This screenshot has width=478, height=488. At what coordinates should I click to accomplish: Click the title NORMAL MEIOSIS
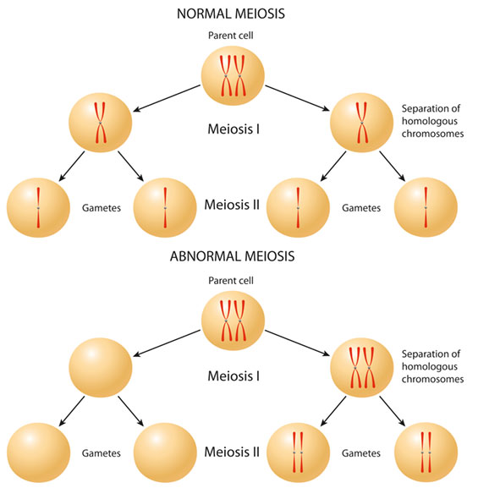(231, 14)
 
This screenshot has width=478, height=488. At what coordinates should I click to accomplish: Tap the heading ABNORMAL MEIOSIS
(233, 256)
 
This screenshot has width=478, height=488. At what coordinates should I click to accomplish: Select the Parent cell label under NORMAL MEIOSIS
(231, 36)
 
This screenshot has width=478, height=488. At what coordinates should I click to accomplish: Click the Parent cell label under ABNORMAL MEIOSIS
(231, 281)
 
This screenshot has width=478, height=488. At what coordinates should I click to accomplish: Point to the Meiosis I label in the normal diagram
(234, 129)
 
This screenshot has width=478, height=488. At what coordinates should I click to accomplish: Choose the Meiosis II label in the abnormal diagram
(232, 452)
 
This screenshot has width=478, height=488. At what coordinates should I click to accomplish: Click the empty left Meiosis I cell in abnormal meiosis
(101, 368)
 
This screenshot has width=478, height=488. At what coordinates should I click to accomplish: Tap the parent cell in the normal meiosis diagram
(233, 75)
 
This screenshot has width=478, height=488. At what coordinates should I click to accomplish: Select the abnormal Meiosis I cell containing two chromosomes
(361, 368)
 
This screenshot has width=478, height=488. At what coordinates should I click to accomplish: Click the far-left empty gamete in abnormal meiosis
(38, 452)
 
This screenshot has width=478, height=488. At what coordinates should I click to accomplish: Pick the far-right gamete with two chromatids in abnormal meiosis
(426, 452)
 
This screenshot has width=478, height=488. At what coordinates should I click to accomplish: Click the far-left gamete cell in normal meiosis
(38, 207)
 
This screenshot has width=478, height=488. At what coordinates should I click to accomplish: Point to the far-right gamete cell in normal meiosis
(426, 207)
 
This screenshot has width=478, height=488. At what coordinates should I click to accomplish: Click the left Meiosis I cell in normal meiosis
(101, 123)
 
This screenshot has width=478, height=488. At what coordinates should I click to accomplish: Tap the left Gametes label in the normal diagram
(102, 208)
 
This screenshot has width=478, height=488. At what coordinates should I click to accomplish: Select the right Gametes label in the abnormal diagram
(361, 453)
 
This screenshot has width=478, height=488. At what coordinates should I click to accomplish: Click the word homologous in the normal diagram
(430, 121)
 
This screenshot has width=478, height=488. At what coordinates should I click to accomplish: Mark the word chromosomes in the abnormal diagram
(432, 379)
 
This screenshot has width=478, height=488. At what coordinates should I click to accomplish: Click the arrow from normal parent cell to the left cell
(167, 98)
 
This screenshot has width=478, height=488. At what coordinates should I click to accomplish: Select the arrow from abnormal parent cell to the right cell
(298, 343)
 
